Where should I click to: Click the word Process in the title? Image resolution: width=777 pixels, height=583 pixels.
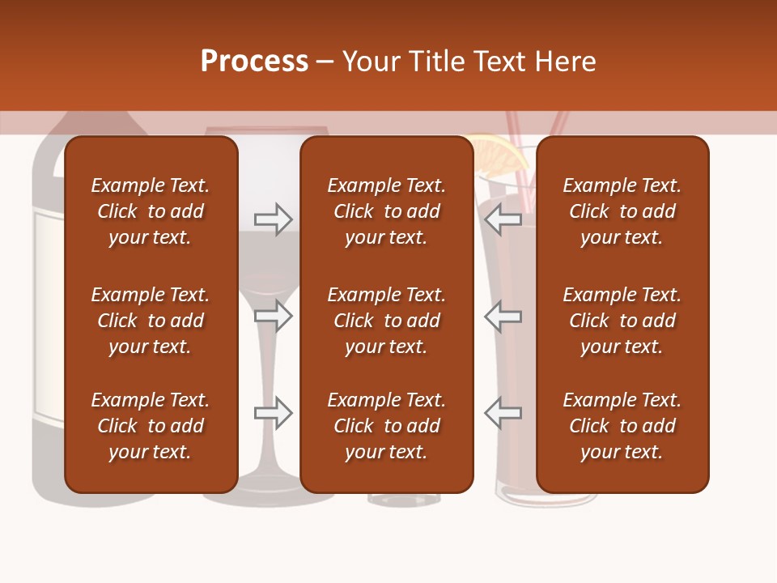pos(254,61)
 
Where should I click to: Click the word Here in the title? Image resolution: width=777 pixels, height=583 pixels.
pos(565,62)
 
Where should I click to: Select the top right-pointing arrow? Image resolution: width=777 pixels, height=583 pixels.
pos(273,219)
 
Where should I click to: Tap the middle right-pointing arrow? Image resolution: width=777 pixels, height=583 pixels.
pos(273,316)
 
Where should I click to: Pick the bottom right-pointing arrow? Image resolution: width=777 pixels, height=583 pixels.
pos(273,413)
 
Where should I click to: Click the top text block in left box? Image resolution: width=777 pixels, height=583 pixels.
pos(151,211)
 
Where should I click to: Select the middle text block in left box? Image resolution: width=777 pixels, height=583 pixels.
pos(151,321)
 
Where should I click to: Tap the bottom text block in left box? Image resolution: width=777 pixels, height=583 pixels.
pos(151,426)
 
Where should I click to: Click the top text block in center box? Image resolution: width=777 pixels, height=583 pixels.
pos(386,211)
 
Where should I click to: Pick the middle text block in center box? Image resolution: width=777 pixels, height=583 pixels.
pos(386,321)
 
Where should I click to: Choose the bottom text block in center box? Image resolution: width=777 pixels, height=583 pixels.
pos(386,426)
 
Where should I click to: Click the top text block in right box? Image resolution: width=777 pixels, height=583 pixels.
pos(622,211)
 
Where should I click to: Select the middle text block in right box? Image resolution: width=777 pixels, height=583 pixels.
pos(622,321)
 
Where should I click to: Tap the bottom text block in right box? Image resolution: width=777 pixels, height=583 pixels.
pos(622,426)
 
